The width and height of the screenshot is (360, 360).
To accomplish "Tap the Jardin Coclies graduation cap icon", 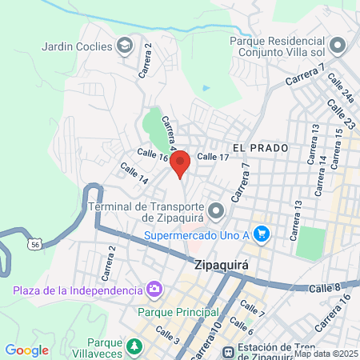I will click(x=124, y=47).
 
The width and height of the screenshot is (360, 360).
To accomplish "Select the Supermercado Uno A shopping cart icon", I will click(x=261, y=234).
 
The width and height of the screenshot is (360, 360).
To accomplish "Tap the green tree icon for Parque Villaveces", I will click(x=135, y=346).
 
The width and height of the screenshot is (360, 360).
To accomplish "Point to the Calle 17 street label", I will click(x=213, y=156).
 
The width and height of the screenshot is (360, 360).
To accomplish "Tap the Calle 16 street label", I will click(x=152, y=154).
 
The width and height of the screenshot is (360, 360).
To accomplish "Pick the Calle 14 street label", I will click(x=134, y=174).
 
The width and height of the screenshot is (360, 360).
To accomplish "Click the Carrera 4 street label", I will click(x=168, y=133).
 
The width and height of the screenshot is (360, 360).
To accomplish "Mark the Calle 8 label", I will click(x=326, y=286).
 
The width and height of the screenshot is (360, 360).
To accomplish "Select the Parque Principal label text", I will click(x=173, y=311).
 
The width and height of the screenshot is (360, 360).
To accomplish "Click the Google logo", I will click(x=26, y=350).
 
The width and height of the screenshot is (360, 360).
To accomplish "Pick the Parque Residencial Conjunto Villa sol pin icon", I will click(x=337, y=45).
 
